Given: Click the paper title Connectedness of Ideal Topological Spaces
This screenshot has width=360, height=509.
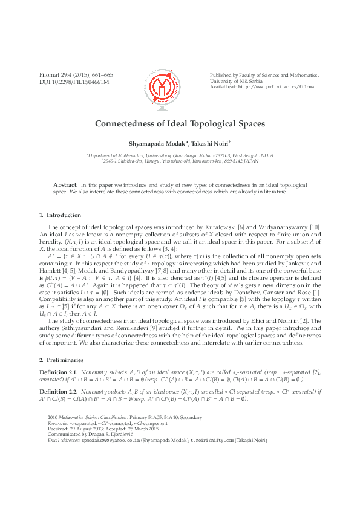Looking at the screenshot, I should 180,123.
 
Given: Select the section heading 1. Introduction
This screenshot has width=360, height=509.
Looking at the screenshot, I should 60,215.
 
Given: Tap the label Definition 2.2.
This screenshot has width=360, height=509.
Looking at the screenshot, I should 58,392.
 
